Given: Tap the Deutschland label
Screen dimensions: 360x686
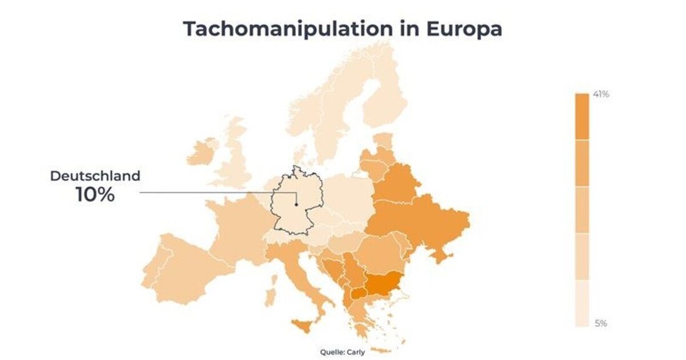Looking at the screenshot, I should (x=95, y=176).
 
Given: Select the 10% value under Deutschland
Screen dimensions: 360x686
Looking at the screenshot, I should (x=95, y=195).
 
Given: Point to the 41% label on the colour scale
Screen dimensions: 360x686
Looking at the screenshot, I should (x=601, y=95).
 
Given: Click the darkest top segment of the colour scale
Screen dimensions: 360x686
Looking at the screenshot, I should (x=581, y=116).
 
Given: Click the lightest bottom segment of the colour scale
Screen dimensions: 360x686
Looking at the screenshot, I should (x=581, y=303).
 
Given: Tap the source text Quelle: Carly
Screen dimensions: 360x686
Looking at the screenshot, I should (x=342, y=351).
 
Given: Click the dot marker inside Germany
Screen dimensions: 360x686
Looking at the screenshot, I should (x=297, y=204).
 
